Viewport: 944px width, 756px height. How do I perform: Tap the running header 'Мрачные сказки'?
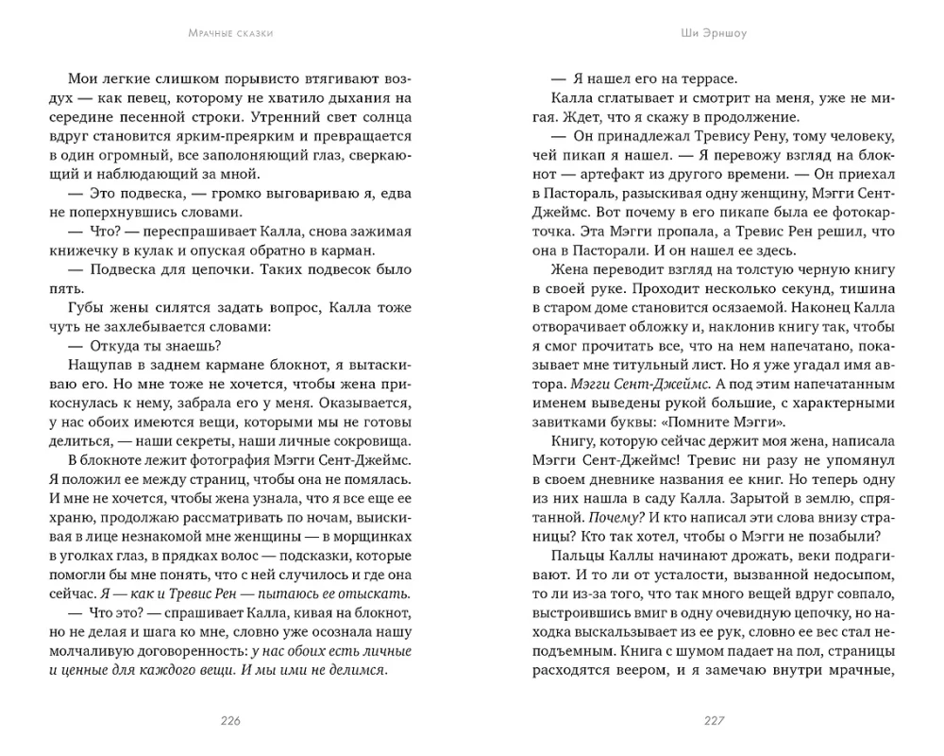coord(231,36)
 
